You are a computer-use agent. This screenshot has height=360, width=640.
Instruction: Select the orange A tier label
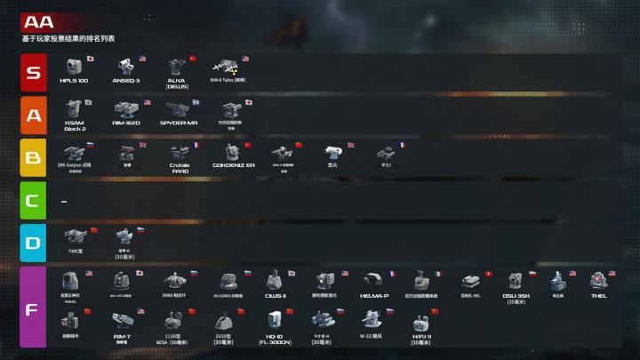pyautogui.click(x=32, y=116)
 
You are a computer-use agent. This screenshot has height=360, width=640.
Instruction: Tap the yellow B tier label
pyautogui.click(x=32, y=158)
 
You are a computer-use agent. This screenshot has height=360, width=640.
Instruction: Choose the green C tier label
pyautogui.click(x=32, y=200)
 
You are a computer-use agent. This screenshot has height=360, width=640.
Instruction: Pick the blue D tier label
pyautogui.click(x=32, y=242)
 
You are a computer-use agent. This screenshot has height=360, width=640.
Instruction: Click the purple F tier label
pyautogui.click(x=32, y=307)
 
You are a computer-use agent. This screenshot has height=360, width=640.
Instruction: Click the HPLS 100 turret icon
pyautogui.click(x=74, y=67)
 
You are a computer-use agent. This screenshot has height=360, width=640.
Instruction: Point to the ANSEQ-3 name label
pyautogui.click(x=126, y=81)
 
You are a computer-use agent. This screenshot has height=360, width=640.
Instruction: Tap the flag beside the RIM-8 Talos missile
pyautogui.click(x=245, y=60)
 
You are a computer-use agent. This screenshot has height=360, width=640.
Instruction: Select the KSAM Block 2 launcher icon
pyautogui.click(x=74, y=108)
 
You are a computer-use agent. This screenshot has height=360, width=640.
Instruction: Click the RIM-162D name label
pyautogui.click(x=126, y=124)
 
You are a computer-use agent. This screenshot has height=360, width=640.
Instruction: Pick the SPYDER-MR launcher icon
pyautogui.click(x=178, y=108)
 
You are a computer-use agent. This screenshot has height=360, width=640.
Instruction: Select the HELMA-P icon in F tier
pyautogui.click(x=373, y=282)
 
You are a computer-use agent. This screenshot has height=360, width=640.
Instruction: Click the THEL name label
pyautogui.click(x=598, y=295)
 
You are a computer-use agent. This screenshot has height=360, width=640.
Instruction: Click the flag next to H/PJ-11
pyautogui.click(x=435, y=311)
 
